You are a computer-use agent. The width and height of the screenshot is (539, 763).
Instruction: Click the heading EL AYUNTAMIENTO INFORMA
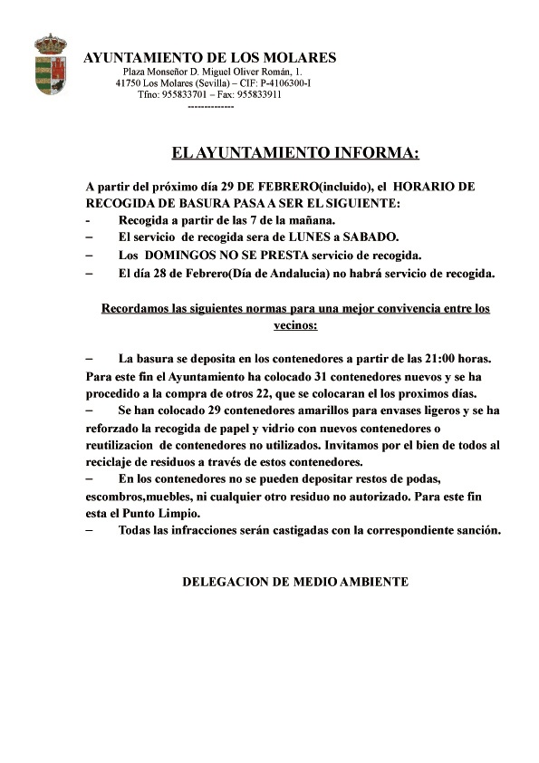click(x=295, y=151)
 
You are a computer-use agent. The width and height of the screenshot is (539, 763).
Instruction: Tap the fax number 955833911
click(x=257, y=93)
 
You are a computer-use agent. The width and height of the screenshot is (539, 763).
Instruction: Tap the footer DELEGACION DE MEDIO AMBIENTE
click(x=295, y=581)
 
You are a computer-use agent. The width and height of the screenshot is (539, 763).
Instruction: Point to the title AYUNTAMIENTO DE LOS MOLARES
click(x=210, y=57)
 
